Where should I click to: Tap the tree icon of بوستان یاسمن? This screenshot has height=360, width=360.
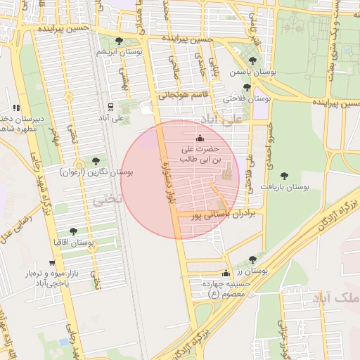253,61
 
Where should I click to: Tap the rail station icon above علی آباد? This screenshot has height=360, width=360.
110,107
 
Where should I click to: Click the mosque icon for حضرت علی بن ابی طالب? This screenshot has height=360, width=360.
200,138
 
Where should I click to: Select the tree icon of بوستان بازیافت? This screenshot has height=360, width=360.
284,176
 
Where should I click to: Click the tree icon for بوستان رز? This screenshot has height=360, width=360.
252,259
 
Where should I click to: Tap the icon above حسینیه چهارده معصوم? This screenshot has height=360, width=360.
225,274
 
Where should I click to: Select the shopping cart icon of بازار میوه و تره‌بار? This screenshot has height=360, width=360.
52,263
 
